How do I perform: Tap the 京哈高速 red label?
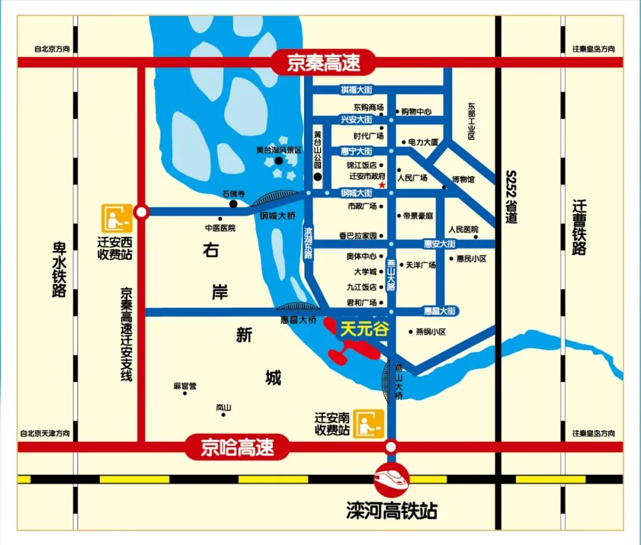click(237, 447)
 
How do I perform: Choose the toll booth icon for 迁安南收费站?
click(368, 424)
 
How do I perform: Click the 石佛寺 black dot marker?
click(233, 204)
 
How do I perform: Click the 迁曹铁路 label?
click(579, 227)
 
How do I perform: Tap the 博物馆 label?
click(464, 179)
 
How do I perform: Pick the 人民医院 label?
click(464, 229)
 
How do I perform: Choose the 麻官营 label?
click(185, 386)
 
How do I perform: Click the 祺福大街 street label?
click(356, 90)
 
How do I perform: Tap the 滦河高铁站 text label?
click(391, 510)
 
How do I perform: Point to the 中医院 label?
click(220, 228)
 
